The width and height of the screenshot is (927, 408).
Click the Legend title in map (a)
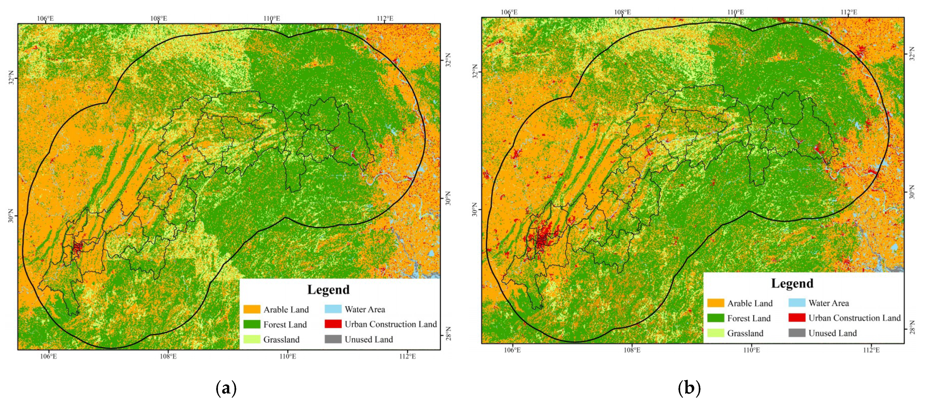[328, 290]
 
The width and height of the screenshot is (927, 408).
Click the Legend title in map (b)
[792, 284]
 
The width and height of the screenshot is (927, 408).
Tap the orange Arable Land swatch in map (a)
[252, 309]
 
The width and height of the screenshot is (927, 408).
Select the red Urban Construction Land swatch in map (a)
[333, 324]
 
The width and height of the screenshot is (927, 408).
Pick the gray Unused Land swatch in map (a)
[333, 339]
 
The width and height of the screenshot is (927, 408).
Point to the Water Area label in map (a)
[365, 309]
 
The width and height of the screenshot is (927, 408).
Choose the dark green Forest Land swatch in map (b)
[715, 318]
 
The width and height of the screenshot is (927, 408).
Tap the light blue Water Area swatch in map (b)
[797, 303]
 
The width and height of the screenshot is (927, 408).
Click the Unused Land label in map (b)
[832, 333]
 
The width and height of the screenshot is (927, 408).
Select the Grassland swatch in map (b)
[715, 333]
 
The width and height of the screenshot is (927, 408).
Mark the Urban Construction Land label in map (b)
[854, 318]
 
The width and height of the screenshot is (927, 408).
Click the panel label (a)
[226, 388]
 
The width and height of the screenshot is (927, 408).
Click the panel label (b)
[689, 388]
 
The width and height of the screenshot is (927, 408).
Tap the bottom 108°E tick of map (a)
[168, 356]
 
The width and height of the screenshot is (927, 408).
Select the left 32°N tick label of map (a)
[11, 78]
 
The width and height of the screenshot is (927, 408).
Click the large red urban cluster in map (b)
[541, 238]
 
